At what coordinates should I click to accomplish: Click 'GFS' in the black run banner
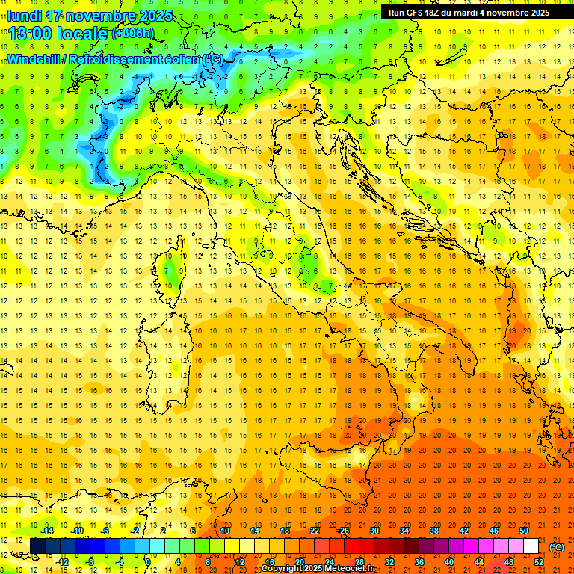pyautogui.click(x=417, y=12)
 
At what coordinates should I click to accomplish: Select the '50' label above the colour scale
pyautogui.click(x=524, y=531)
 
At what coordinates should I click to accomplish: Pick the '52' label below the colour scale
pyautogui.click(x=538, y=562)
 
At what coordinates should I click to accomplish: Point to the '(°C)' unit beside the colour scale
pyautogui.click(x=557, y=546)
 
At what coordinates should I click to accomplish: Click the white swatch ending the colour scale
pyautogui.click(x=531, y=546)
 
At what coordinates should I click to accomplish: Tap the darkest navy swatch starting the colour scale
pyautogui.click(x=37, y=546)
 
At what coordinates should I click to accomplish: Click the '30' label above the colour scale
pyautogui.click(x=374, y=531)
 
